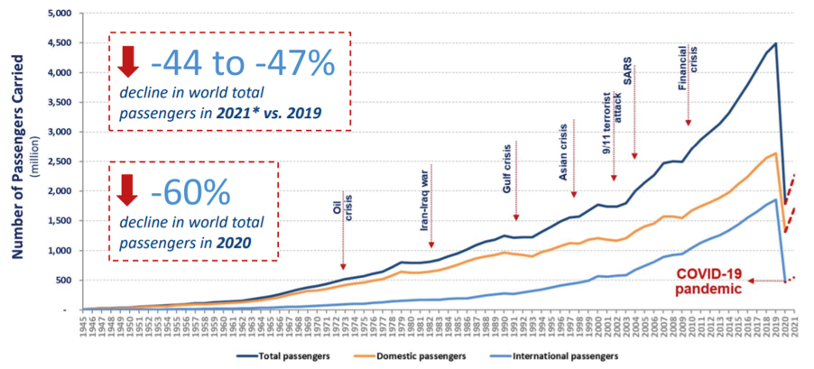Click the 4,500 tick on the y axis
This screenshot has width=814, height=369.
(x=60, y=43)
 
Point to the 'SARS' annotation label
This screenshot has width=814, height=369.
(x=630, y=71)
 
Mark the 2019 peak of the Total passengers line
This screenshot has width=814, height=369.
(x=775, y=43)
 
